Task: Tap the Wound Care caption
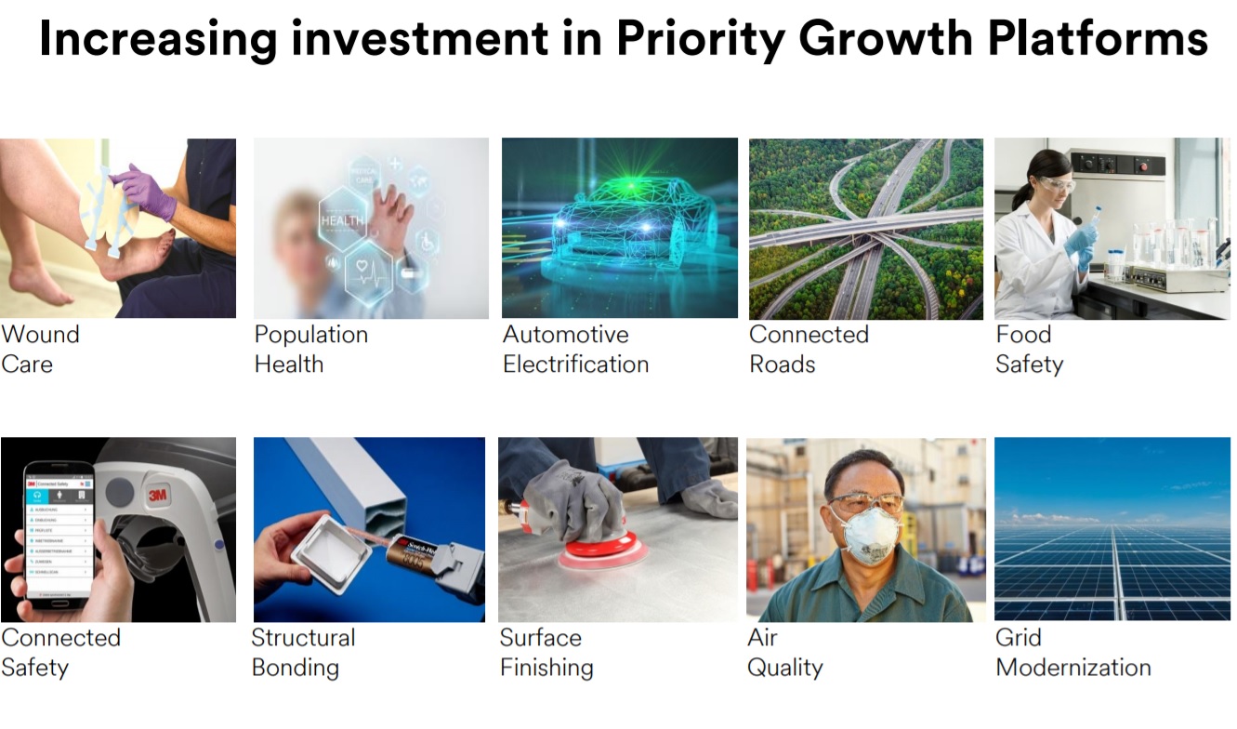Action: click(40, 349)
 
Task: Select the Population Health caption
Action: click(310, 349)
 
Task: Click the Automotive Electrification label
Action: click(575, 349)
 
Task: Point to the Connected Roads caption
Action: click(809, 349)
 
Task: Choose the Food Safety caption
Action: click(1028, 349)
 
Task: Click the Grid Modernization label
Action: click(1073, 652)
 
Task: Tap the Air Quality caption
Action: click(784, 652)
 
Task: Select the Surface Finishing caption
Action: click(546, 652)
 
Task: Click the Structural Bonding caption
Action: click(303, 652)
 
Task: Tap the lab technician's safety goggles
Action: click(1056, 184)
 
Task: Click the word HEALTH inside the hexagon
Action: click(343, 220)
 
